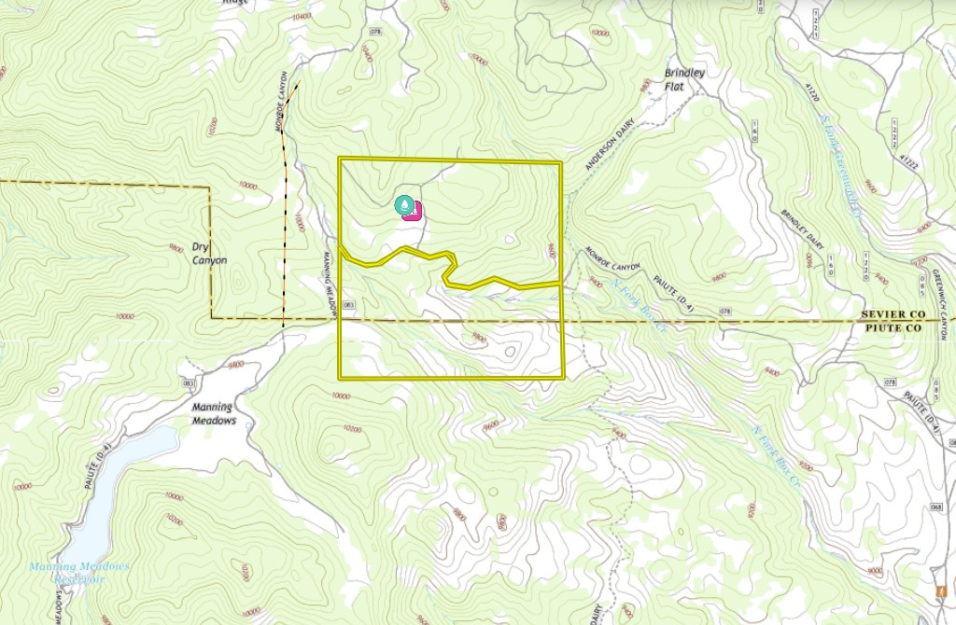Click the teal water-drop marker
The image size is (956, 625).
click(403, 204)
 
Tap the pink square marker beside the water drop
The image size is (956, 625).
click(415, 210)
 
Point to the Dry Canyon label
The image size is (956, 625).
click(209, 254)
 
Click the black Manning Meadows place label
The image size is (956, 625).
click(213, 413)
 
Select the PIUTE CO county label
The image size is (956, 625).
click(893, 329)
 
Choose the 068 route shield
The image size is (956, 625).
click(936, 507)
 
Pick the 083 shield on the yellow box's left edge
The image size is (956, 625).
click(349, 305)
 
